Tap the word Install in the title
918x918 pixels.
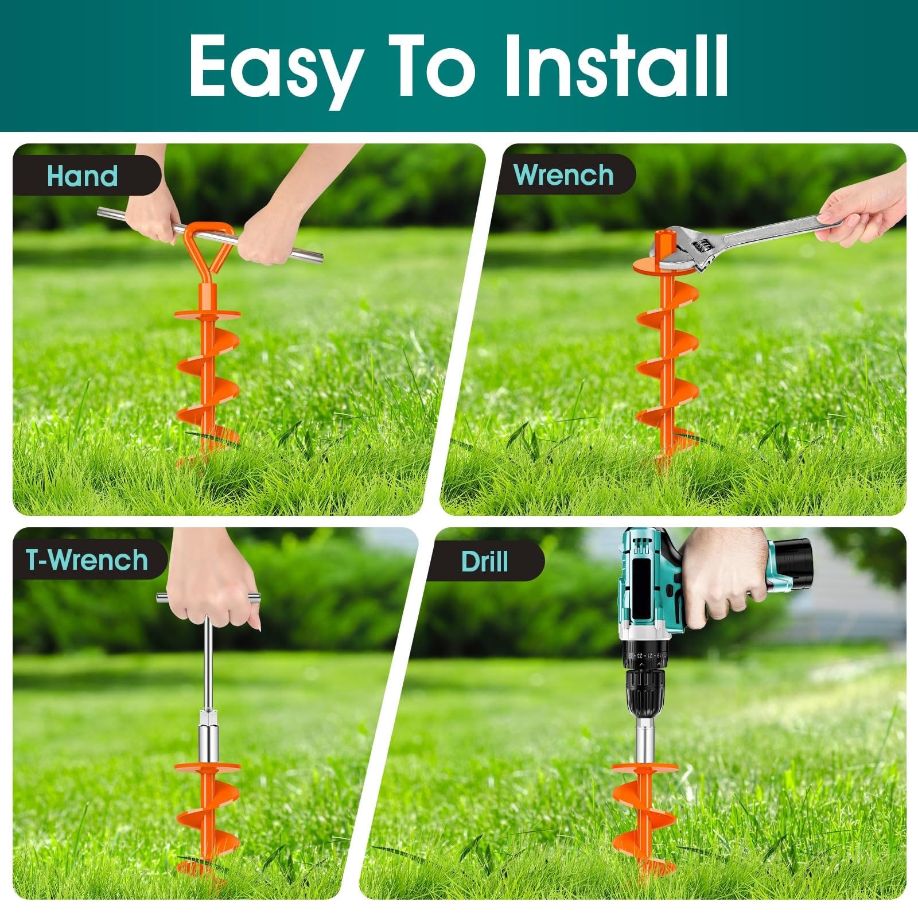click(616, 65)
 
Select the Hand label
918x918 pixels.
click(83, 176)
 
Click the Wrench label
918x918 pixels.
click(563, 175)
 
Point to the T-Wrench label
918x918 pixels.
click(87, 559)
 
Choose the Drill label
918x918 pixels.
click(485, 561)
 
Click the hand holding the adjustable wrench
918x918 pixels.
click(861, 209)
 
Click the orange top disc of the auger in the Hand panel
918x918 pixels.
click(208, 314)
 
